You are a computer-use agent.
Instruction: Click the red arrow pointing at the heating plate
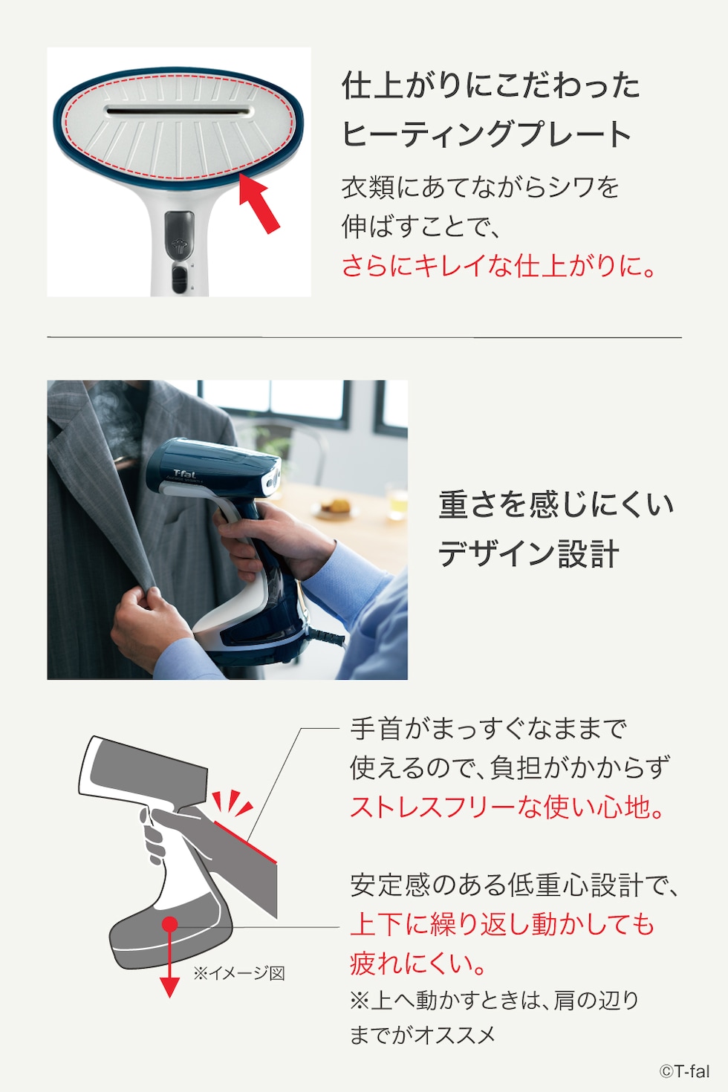point(259,204)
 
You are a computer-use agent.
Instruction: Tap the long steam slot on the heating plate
point(180,112)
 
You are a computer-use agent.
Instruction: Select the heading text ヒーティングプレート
point(487,134)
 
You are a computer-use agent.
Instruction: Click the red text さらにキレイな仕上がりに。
point(499,265)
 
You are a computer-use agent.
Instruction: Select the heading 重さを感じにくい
point(556,504)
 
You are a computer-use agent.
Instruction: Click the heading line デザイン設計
point(528,554)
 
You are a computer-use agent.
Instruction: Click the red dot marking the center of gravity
point(170,925)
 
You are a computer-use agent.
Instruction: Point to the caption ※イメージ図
point(239,973)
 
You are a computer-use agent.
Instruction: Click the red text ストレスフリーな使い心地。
point(508,807)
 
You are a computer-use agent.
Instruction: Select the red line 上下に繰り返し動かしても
point(502,924)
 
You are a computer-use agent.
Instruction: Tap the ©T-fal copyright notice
point(684,1071)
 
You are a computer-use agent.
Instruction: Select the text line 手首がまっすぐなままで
point(488,729)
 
